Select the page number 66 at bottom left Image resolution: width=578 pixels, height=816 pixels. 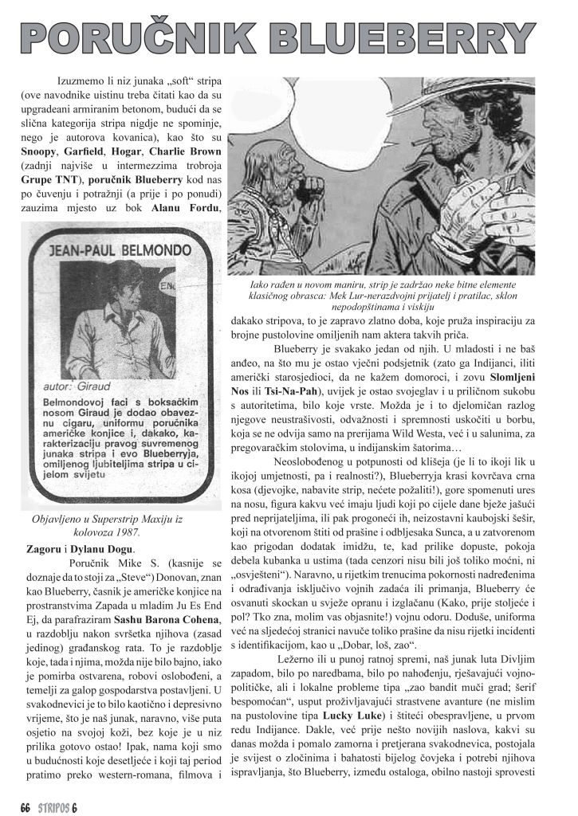[25, 804]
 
